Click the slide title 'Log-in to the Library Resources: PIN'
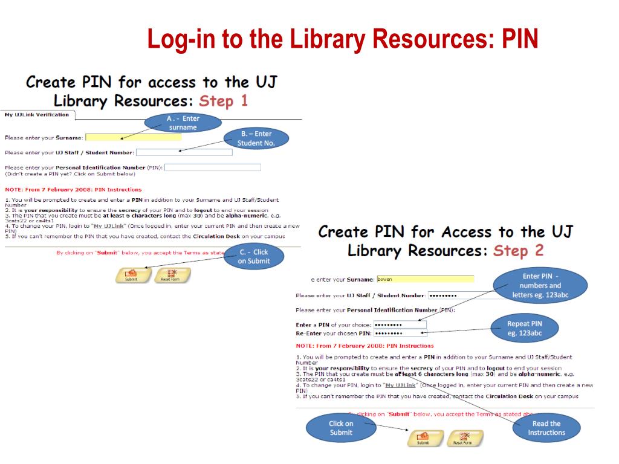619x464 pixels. click(343, 39)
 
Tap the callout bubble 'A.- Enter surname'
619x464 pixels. click(183, 123)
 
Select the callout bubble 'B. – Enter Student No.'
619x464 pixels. click(256, 138)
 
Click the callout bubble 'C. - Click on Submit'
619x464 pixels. click(254, 257)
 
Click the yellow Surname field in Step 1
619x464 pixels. click(134, 137)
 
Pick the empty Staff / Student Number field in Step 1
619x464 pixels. click(184, 152)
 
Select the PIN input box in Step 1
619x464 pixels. click(213, 167)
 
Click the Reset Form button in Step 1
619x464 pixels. click(172, 275)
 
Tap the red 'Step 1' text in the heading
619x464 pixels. click(224, 101)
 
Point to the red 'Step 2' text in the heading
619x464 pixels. click(519, 251)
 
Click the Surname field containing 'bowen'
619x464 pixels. click(425, 279)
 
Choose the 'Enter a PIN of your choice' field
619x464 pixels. click(400, 324)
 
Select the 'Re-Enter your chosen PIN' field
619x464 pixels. click(400, 333)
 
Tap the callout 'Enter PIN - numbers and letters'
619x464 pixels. click(540, 285)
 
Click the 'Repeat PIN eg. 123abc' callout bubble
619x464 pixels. click(525, 328)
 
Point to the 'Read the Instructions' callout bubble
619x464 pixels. click(546, 428)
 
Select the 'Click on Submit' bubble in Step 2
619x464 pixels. click(341, 428)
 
